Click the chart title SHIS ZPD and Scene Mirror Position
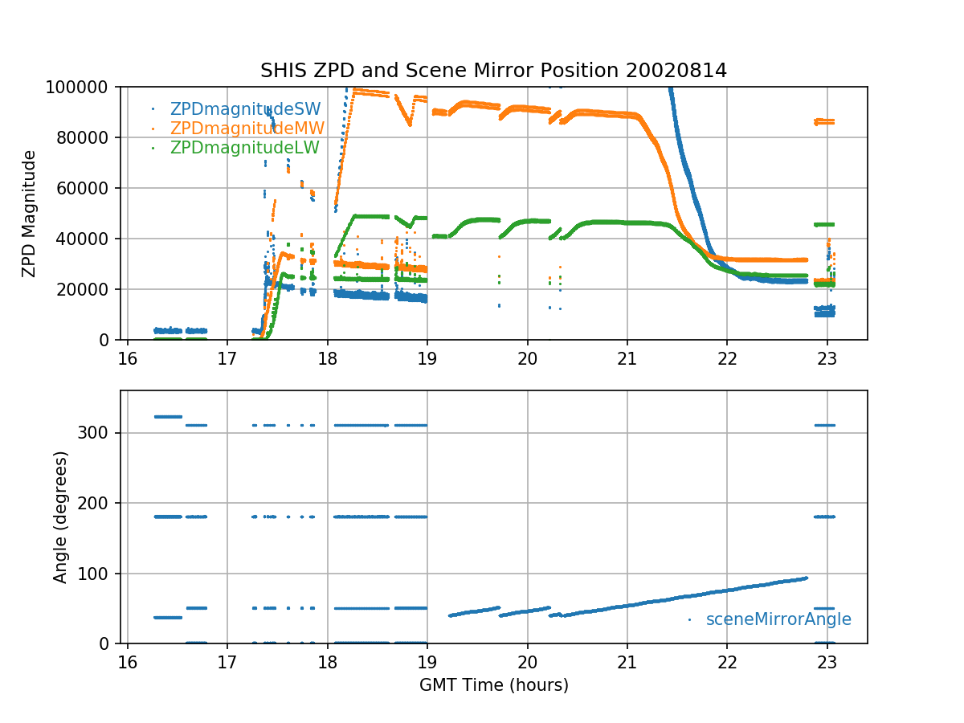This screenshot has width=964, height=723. (x=493, y=71)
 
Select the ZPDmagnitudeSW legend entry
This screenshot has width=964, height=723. (x=245, y=108)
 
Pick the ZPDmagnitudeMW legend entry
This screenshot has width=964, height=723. (x=247, y=128)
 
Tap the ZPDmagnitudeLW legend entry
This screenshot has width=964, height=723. (x=245, y=148)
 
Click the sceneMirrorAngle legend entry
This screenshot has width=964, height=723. (x=778, y=619)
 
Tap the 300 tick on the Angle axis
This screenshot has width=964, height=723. (x=100, y=433)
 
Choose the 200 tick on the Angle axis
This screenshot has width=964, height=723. (x=100, y=503)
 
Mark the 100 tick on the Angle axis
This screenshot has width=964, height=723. (x=100, y=574)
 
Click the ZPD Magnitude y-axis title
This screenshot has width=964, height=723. (x=29, y=213)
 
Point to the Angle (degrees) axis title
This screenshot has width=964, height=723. (x=61, y=517)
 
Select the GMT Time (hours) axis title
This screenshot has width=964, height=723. (x=493, y=685)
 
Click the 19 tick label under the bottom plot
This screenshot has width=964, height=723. (x=427, y=661)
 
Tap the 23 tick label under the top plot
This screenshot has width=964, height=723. (x=827, y=357)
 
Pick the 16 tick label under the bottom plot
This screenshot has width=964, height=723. (x=127, y=661)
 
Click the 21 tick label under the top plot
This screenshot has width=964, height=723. (x=627, y=357)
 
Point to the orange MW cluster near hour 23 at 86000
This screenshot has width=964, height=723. (x=824, y=121)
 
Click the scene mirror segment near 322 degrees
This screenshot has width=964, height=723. (x=168, y=416)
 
